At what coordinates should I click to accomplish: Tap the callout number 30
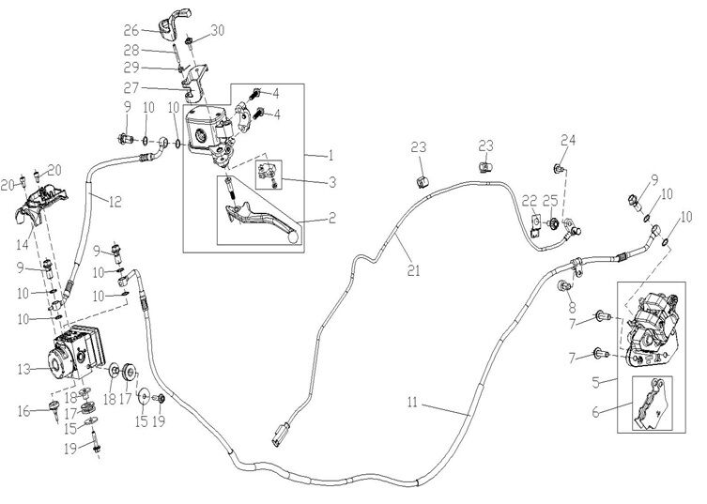[218, 30]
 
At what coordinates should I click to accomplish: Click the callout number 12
[115, 200]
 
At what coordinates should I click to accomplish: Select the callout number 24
[566, 141]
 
